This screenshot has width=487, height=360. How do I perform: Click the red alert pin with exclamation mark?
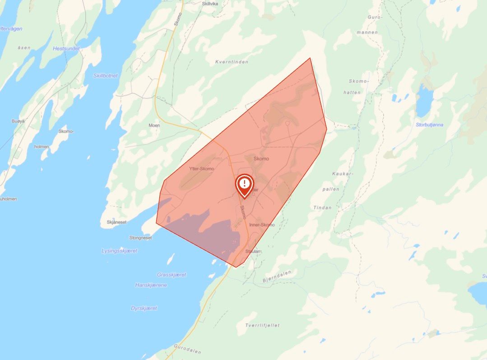[x=244, y=184]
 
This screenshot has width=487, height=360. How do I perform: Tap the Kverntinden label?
[x=232, y=62]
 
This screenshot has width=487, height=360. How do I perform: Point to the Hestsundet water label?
[x=66, y=48]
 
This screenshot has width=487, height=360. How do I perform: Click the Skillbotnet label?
[x=105, y=76]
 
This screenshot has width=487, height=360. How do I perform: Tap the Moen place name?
[x=154, y=125]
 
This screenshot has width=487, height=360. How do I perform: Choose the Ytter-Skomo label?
[x=201, y=168]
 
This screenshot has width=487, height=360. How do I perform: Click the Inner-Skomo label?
[x=262, y=224]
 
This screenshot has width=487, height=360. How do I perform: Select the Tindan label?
[x=322, y=208]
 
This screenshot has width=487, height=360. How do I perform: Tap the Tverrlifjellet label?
[x=262, y=325]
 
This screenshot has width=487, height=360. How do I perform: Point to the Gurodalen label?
[x=187, y=349]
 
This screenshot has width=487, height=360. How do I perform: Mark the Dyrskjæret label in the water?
[x=144, y=308]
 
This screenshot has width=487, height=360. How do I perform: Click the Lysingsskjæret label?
[x=119, y=251]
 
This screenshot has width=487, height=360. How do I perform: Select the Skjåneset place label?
[x=116, y=222]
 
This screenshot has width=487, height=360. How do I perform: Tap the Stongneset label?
[x=140, y=237]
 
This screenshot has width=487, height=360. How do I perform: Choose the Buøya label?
[x=18, y=121]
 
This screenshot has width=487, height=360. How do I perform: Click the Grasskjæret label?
[x=172, y=275]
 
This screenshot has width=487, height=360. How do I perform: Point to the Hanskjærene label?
[x=151, y=285]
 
